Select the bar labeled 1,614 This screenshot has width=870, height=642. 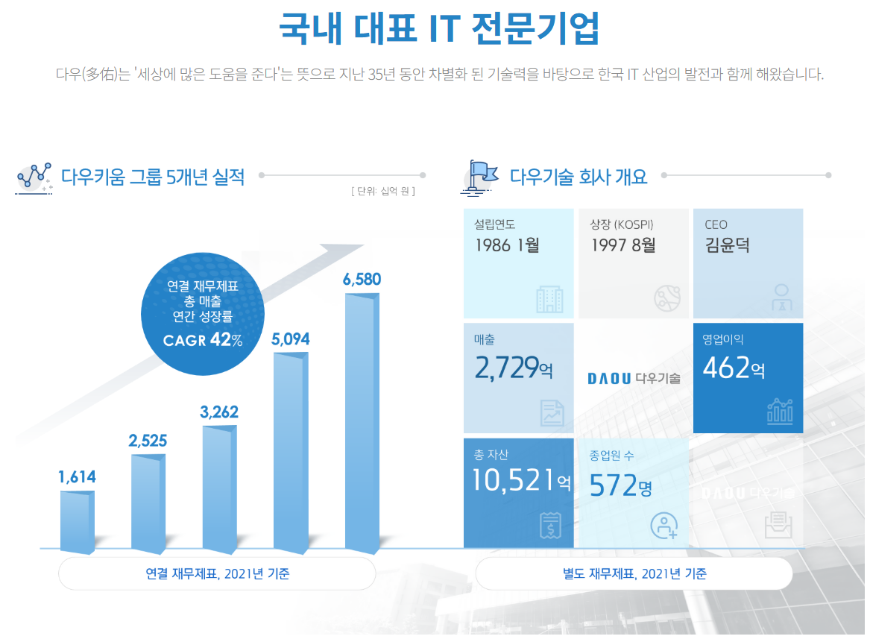point(78,522)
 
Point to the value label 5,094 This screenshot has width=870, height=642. point(291,339)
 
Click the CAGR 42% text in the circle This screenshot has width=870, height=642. point(203,341)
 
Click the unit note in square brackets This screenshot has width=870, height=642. point(382,191)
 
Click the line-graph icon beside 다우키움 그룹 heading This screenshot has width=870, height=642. point(34,176)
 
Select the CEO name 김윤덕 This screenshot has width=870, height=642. point(727,245)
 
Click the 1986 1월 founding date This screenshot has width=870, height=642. point(507,245)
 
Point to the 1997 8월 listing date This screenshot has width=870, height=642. point(623,245)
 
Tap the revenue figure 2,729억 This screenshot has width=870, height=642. point(514,368)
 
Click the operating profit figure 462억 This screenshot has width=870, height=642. point(734,368)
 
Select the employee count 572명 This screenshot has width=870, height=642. point(620,486)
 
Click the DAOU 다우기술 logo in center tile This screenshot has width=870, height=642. point(634,378)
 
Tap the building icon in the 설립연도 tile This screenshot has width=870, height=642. point(550,299)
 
